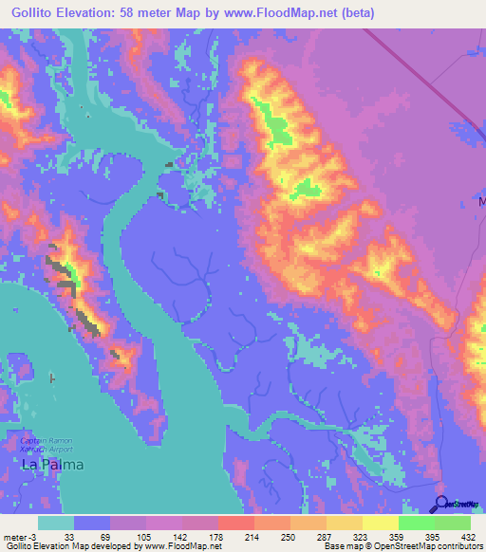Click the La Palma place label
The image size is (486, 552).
point(52,465)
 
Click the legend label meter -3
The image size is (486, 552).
point(18,536)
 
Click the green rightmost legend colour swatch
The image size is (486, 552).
point(453,523)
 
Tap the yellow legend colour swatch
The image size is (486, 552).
point(380,523)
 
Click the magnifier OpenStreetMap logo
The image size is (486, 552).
point(443,504)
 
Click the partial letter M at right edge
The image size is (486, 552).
point(481,203)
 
